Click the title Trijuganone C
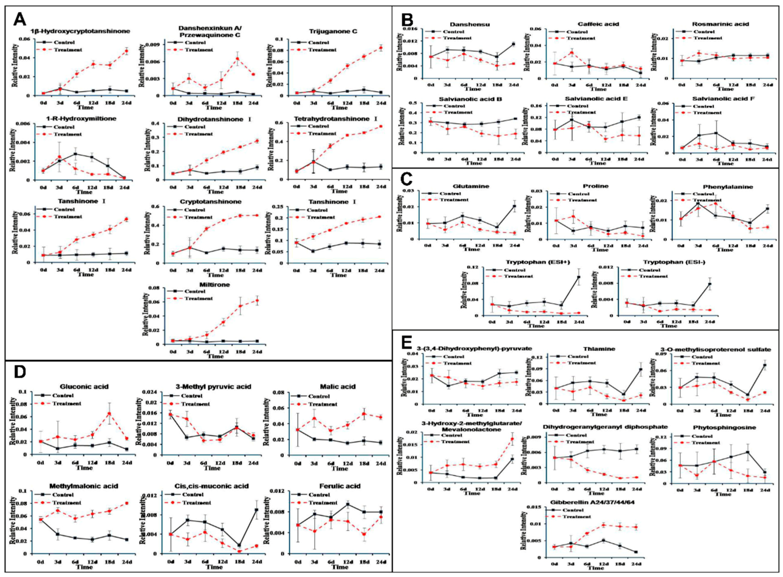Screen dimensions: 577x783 [x=333, y=32]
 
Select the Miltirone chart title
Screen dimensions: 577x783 [x=214, y=285]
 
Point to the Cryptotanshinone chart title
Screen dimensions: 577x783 [x=210, y=202]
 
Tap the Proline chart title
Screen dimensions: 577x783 [x=596, y=186]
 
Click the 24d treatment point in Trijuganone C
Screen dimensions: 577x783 [x=381, y=48]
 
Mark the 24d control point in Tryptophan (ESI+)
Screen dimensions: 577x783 [x=579, y=277]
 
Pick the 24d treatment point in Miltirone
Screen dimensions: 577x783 [x=257, y=301]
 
